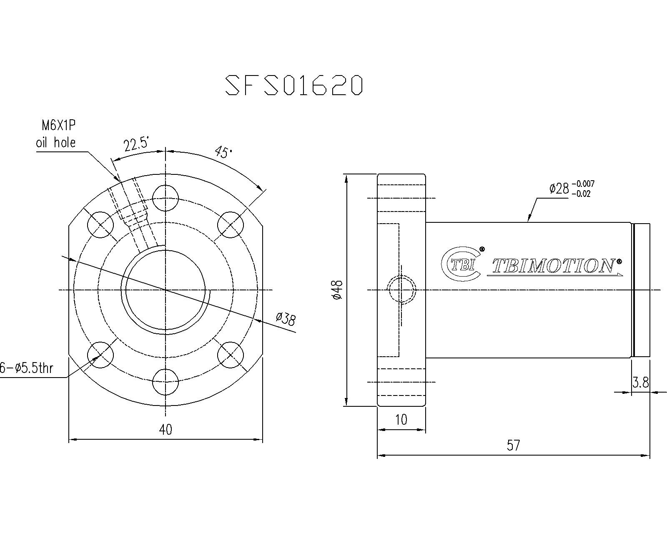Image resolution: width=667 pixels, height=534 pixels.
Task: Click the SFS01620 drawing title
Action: (294, 85)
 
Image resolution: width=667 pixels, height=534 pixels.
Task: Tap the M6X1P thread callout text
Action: (59, 126)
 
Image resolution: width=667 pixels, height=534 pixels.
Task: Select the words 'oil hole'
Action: (56, 143)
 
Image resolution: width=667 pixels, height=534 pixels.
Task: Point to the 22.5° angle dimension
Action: (137, 145)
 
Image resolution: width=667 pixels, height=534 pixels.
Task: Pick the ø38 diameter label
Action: (286, 319)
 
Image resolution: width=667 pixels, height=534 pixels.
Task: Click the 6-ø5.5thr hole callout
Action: (27, 368)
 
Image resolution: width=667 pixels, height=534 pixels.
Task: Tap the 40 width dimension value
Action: (165, 430)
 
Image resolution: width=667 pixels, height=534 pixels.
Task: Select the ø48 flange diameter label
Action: (337, 290)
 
